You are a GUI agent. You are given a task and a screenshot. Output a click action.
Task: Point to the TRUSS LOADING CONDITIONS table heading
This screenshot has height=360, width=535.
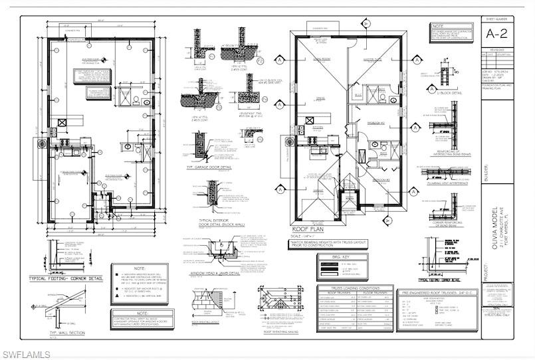click(x=351, y=288)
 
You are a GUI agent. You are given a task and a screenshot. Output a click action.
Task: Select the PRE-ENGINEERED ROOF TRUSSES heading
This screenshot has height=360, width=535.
click(x=435, y=292)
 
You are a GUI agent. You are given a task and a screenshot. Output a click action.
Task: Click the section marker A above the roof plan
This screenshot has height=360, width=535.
click(x=365, y=23)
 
